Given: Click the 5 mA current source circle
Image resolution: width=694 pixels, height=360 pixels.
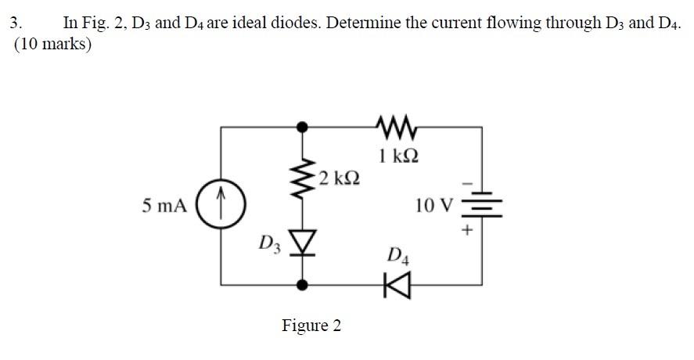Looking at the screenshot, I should coord(222,206).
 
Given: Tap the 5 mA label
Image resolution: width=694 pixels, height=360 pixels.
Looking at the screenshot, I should coord(164,206).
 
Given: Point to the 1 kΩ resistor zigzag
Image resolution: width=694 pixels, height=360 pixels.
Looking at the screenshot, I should coord(396,124).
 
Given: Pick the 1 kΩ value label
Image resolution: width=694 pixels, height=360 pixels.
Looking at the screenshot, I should coord(397,155).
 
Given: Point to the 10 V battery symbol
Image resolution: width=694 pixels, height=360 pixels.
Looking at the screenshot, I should coord(480,206).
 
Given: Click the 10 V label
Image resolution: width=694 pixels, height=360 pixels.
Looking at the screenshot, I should coord(433,206).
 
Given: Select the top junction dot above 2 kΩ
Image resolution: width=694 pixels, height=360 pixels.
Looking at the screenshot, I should coord(304,125).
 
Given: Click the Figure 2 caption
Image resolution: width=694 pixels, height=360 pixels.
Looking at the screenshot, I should coord(311,325).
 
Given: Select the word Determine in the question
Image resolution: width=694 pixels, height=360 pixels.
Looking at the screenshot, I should coord(365,22).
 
